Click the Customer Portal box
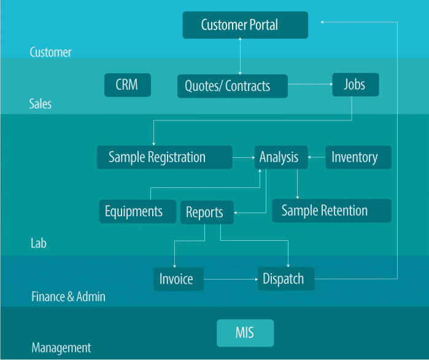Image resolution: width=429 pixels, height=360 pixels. (x=245, y=25)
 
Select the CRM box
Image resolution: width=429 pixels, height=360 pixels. (x=128, y=85)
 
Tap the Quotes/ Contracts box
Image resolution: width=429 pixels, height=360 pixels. (x=233, y=86)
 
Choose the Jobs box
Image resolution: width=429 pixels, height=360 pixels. (x=355, y=85)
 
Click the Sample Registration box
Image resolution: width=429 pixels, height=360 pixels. (x=164, y=157)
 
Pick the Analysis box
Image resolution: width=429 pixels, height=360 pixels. (x=281, y=157)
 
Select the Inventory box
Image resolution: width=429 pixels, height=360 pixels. (x=358, y=157)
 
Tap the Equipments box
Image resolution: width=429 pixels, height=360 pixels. (x=137, y=211)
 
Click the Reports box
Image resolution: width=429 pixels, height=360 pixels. (x=207, y=213)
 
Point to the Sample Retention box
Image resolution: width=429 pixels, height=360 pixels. (x=331, y=211)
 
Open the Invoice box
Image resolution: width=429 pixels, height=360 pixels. (x=179, y=279)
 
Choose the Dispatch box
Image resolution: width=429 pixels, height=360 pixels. (x=286, y=279)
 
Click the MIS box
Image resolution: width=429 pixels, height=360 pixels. (x=245, y=333)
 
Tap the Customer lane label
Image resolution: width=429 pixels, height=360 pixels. (x=50, y=52)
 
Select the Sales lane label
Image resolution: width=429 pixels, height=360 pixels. (x=41, y=104)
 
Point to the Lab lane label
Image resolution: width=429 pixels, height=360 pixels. (x=39, y=243)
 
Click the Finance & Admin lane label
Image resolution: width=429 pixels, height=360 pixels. (x=68, y=297)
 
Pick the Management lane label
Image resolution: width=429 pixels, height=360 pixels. (x=61, y=348)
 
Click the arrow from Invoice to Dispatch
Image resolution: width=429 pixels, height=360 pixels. (x=231, y=280)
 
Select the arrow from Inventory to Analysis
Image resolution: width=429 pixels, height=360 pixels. (x=317, y=157)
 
